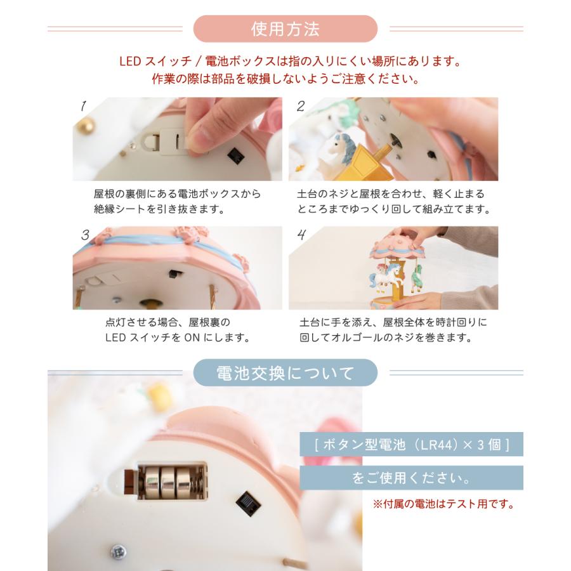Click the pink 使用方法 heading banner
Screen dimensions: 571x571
click(285, 29)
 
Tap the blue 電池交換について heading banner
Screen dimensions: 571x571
click(285, 373)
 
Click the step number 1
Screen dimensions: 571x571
click(82, 106)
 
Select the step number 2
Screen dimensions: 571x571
click(301, 106)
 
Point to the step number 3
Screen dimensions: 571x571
click(84, 235)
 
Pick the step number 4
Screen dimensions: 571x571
click(301, 235)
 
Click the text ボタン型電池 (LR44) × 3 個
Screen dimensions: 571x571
click(411, 444)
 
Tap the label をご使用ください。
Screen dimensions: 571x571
click(411, 477)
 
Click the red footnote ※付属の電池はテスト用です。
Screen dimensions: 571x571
click(442, 505)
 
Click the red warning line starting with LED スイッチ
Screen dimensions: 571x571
click(285, 62)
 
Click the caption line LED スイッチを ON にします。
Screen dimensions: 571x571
click(176, 338)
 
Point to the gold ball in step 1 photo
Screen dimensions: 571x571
click(82, 128)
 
